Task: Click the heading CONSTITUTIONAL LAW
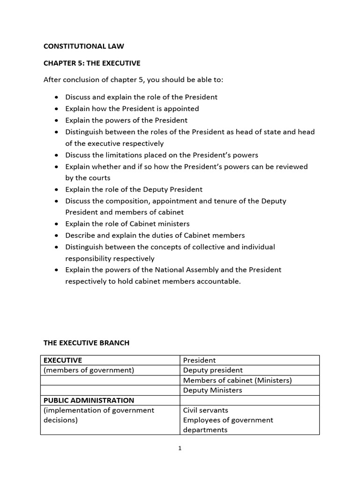pyautogui.click(x=84, y=46)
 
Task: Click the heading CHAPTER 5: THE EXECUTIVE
pyautogui.click(x=92, y=63)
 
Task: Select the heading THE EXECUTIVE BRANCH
pyautogui.click(x=86, y=343)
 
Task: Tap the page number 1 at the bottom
pyautogui.click(x=180, y=448)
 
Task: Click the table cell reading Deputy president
pyautogui.click(x=213, y=370)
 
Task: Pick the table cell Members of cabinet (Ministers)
pyautogui.click(x=237, y=380)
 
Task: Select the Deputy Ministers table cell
pyautogui.click(x=212, y=390)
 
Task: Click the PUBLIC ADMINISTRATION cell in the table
pyautogui.click(x=89, y=400)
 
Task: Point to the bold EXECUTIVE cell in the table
pyautogui.click(x=62, y=360)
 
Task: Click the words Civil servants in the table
pyautogui.click(x=206, y=410)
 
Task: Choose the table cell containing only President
pyautogui.click(x=199, y=360)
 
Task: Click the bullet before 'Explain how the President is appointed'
pyautogui.click(x=56, y=109)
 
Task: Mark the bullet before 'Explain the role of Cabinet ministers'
pyautogui.click(x=56, y=224)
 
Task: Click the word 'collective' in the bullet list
pyautogui.click(x=218, y=247)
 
